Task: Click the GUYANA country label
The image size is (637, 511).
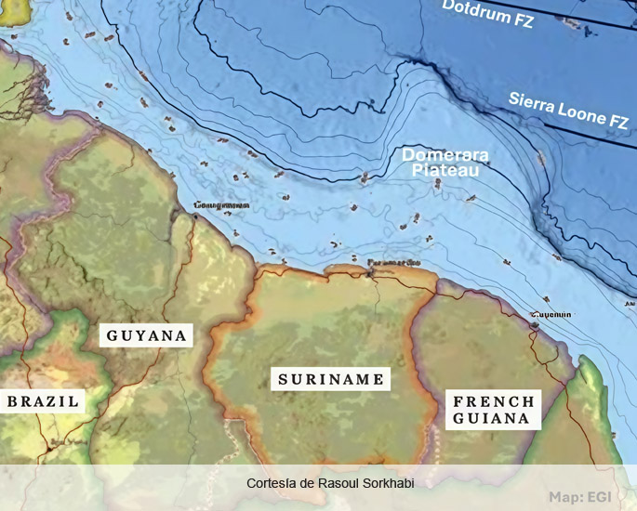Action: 147,335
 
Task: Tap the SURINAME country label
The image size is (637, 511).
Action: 331,379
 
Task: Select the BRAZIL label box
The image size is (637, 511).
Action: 44,401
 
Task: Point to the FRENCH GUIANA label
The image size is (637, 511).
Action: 493,410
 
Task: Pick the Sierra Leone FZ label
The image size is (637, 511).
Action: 568,110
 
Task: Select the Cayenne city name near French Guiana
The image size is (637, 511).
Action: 551,315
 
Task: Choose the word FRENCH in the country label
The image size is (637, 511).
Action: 493,401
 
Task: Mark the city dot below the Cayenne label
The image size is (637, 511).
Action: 535,325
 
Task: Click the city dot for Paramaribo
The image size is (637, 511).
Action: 377,272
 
